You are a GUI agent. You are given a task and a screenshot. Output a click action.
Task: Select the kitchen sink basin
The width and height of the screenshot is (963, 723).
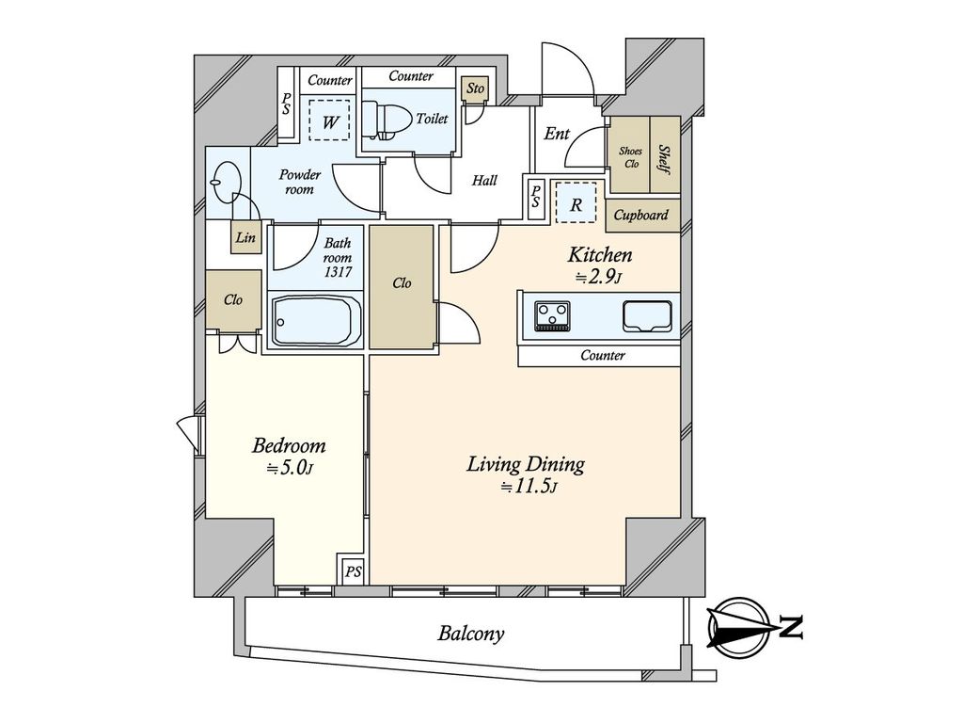(647, 314)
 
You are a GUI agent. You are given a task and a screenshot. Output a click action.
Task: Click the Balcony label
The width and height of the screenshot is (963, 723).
(470, 633)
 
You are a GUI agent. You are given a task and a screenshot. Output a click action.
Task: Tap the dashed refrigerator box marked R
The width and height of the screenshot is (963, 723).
(576, 202)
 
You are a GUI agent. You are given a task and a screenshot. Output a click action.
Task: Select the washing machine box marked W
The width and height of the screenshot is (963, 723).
(329, 120)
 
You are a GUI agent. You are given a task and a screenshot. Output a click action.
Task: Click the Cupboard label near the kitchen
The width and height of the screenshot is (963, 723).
(640, 215)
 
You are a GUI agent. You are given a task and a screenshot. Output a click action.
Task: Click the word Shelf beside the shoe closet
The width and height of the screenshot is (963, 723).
(664, 159)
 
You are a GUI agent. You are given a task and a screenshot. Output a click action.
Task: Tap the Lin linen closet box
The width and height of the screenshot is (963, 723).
(245, 236)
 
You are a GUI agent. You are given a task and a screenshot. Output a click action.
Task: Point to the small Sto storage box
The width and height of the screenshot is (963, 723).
(475, 88)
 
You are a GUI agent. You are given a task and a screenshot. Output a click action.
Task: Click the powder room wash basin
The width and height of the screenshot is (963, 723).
(226, 181)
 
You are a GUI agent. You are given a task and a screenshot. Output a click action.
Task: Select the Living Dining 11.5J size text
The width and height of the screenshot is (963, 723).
(529, 488)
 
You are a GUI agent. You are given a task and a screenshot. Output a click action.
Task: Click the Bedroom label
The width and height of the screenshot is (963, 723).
(289, 445)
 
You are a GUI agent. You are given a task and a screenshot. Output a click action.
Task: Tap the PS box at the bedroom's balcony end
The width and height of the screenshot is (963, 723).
(353, 570)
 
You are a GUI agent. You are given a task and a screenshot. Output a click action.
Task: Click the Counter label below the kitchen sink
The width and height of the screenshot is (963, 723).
(603, 355)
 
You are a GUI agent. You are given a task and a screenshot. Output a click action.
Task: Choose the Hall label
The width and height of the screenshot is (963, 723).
(484, 180)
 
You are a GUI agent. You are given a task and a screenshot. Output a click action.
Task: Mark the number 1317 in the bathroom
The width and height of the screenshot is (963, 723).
(339, 271)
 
